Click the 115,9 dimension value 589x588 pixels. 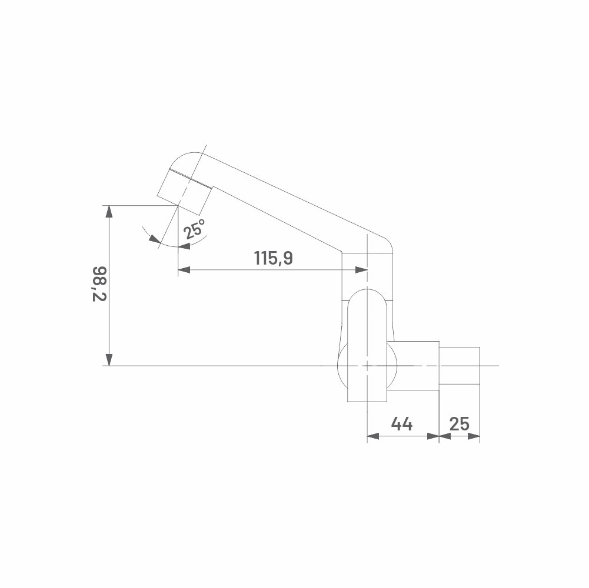[x=273, y=258]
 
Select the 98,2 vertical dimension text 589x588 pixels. [x=100, y=284]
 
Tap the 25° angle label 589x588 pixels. [x=195, y=229]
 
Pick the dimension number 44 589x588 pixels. [x=401, y=424]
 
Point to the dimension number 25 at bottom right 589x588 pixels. [x=459, y=424]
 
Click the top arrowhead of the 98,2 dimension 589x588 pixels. [x=109, y=212]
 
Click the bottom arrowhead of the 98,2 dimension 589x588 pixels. [x=109, y=359]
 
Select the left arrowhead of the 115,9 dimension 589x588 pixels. [x=184, y=269]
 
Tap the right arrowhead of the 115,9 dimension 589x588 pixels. [x=361, y=269]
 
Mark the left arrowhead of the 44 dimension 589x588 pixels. [x=374, y=436]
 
